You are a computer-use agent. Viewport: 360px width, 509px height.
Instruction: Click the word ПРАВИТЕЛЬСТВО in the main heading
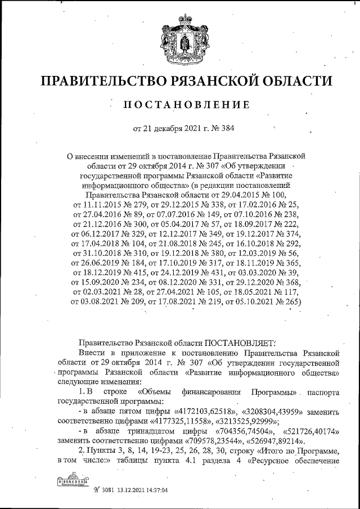[106, 82]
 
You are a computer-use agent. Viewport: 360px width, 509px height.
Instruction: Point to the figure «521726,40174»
[308, 432]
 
